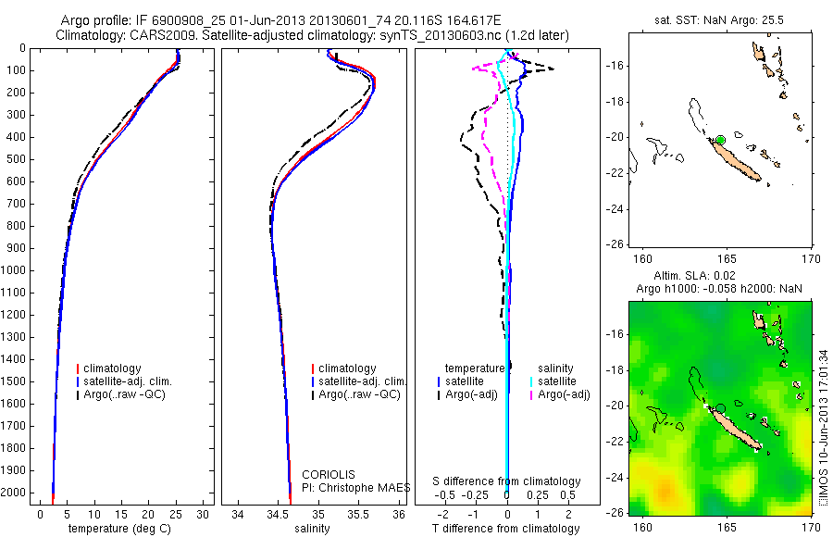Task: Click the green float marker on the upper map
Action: click(x=720, y=141)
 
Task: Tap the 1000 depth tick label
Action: click(x=13, y=270)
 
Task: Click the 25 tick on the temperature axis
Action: click(x=175, y=515)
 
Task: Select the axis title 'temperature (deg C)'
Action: click(x=119, y=529)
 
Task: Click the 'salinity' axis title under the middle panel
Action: click(x=313, y=529)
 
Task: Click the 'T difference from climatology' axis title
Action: click(x=506, y=529)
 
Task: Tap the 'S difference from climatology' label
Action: click(x=506, y=481)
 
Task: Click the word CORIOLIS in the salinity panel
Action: click(x=329, y=474)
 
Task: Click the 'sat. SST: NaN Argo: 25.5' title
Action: click(x=719, y=20)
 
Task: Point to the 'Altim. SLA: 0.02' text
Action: click(x=694, y=275)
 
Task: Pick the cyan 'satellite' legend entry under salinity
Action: click(x=553, y=381)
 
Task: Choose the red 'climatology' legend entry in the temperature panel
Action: click(x=109, y=368)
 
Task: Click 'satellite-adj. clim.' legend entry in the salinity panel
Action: click(x=359, y=381)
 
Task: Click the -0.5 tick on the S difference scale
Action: click(x=444, y=495)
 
